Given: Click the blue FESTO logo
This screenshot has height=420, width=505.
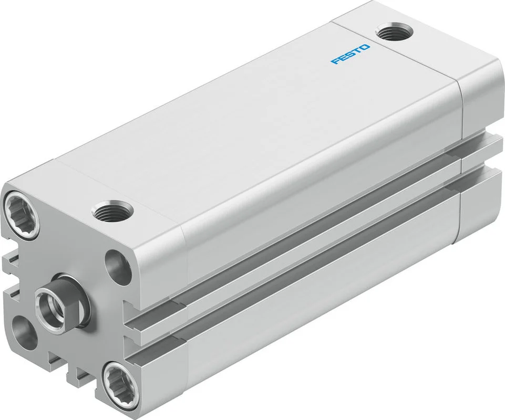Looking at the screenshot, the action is pos(351,54).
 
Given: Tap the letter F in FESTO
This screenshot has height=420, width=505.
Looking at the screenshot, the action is pos(336,61).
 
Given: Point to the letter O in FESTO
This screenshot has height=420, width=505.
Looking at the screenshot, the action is pos(366,47).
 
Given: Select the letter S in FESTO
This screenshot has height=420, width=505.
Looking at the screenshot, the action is pos(351,54).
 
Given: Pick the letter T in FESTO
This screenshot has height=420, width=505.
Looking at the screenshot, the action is pos(358,50).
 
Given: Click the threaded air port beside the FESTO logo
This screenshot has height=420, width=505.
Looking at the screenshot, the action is pos(394,32).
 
